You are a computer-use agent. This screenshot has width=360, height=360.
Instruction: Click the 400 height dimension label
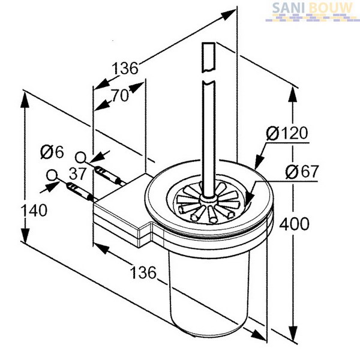point(294,224)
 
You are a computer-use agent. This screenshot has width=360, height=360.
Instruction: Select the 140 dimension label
point(34,211)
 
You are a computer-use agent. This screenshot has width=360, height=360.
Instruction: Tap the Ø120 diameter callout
point(287,133)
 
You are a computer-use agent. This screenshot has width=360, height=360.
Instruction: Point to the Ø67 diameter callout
point(302,172)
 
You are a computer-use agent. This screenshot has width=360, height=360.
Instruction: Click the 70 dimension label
point(120,95)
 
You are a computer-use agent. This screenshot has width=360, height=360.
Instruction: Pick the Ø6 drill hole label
point(52,152)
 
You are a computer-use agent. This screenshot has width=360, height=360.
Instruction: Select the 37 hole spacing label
point(77,173)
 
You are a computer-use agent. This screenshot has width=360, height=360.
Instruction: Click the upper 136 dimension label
point(125,68)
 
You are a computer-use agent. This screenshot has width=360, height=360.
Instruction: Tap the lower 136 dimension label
point(143,272)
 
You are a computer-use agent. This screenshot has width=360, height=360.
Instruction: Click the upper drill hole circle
point(80,158)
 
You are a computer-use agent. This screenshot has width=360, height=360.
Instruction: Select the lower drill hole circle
point(52,175)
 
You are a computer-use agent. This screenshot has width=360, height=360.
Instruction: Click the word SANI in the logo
point(289,8)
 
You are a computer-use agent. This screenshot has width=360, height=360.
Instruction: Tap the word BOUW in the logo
point(330,8)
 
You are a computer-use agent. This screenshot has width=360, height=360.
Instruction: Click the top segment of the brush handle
point(208,57)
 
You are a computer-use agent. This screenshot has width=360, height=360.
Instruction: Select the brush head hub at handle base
point(208,199)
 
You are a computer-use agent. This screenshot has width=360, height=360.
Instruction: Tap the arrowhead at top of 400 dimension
point(293,95)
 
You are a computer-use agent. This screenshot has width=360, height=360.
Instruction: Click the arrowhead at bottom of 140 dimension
point(25,235)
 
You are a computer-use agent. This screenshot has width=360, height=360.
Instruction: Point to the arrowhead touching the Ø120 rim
point(259,161)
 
